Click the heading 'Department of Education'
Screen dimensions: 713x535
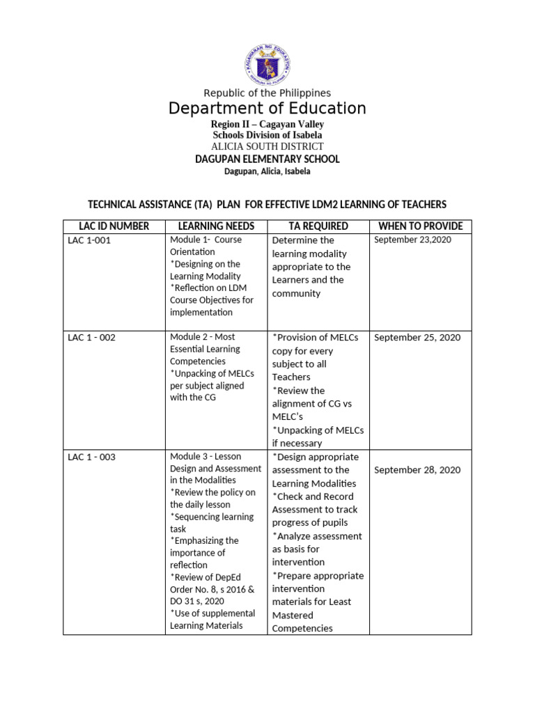(x=267, y=109)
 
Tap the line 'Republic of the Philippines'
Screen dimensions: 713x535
(x=267, y=93)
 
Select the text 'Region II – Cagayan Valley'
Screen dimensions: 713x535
(x=267, y=124)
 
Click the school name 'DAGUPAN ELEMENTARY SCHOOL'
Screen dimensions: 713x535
(x=267, y=159)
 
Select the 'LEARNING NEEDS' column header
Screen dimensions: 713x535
(x=216, y=226)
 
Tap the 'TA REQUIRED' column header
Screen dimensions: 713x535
(x=318, y=226)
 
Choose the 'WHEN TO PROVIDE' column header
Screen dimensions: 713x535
(x=420, y=226)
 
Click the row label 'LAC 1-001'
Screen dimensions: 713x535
(x=89, y=240)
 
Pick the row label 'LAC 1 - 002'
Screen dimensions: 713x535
(x=92, y=338)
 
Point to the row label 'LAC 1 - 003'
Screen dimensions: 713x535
(x=92, y=457)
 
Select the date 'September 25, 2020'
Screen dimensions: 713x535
(x=417, y=338)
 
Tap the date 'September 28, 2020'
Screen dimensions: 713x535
(x=417, y=470)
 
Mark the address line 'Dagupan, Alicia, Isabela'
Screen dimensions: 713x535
(x=267, y=171)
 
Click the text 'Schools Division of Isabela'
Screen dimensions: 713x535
(x=267, y=135)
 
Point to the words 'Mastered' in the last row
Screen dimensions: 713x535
(x=293, y=616)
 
